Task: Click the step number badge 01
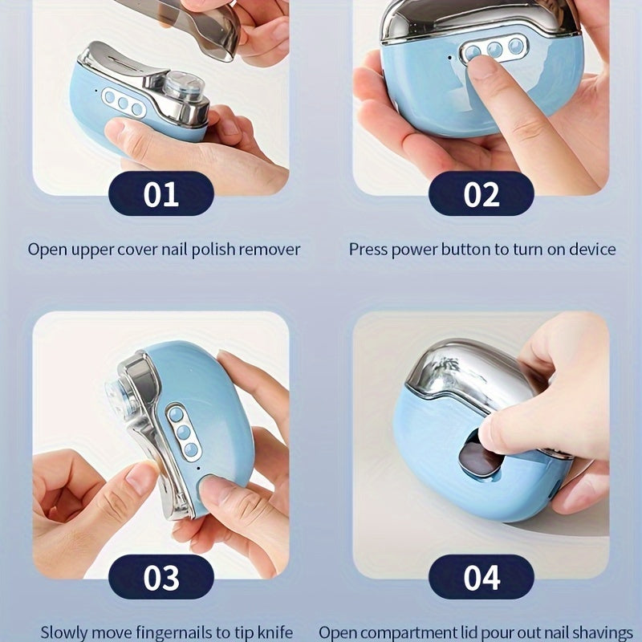161,193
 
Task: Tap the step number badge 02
481,193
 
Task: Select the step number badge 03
161,577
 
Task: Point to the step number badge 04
481,577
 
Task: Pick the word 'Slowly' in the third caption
65,632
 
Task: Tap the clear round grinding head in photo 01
183,87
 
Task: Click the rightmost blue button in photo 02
516,46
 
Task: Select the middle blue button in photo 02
495,49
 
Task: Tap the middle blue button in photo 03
184,432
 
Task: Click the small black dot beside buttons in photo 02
450,58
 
